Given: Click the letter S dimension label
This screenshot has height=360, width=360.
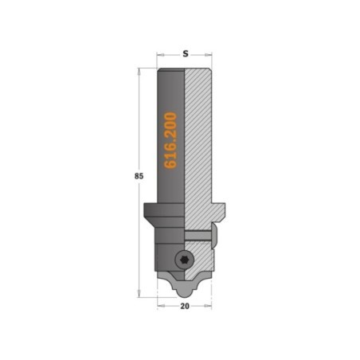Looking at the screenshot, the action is (186, 54).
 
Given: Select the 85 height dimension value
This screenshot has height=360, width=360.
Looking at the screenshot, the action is (139, 176).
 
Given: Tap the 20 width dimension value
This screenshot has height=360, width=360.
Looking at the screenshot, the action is (185, 306).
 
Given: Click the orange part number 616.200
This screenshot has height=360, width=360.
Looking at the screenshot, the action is (170, 140).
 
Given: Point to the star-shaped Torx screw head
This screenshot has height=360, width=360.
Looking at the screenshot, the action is (185, 260).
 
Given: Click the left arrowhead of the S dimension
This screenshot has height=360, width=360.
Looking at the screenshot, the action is (160, 55).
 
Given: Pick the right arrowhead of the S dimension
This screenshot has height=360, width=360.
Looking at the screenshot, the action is (209, 55).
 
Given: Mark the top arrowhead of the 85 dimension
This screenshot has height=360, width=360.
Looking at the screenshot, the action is (139, 72).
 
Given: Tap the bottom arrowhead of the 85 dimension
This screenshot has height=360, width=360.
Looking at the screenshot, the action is (139, 293).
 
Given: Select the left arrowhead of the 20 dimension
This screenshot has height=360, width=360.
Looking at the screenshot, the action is (161, 306).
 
